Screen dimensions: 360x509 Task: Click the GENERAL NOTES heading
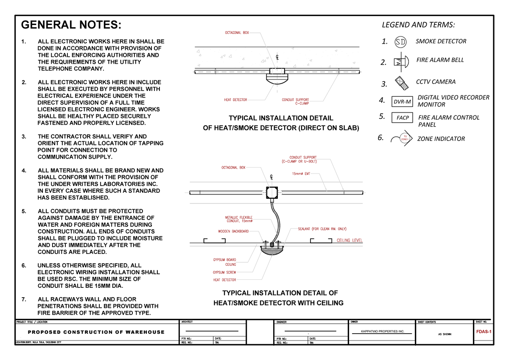pyautogui.click(x=71, y=25)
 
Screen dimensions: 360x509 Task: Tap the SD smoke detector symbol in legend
pyautogui.click(x=400, y=42)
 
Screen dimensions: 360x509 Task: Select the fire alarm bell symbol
pyautogui.click(x=401, y=61)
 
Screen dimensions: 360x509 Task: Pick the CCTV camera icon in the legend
pyautogui.click(x=401, y=82)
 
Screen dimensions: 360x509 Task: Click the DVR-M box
pyautogui.click(x=402, y=102)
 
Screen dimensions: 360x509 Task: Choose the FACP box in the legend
pyautogui.click(x=402, y=118)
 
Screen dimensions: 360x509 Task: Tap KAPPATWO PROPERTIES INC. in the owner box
pyautogui.click(x=382, y=331)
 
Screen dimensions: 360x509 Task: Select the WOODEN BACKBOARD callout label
pyautogui.click(x=233, y=231)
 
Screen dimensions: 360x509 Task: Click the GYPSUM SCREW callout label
pyautogui.click(x=224, y=272)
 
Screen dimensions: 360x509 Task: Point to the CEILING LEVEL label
pyautogui.click(x=350, y=241)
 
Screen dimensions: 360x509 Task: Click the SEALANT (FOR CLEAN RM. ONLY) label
pyautogui.click(x=322, y=229)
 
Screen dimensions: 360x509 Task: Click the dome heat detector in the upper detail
pyautogui.click(x=276, y=79)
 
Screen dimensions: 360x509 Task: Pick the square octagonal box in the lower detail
pyautogui.click(x=271, y=192)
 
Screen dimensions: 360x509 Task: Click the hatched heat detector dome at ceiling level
pyautogui.click(x=271, y=250)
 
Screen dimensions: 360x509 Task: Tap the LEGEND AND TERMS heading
pyautogui.click(x=418, y=25)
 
